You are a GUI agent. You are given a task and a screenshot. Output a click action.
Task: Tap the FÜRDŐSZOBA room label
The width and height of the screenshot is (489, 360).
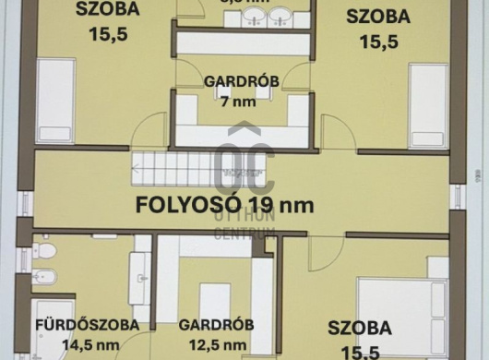click(87, 325)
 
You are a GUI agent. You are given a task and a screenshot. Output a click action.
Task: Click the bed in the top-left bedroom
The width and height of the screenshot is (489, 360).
click(56, 100)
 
